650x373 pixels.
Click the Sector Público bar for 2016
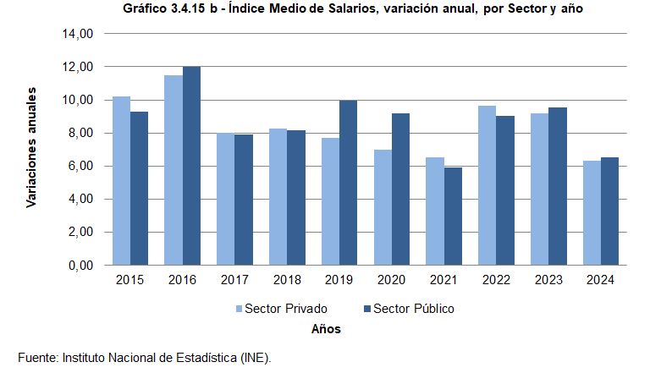(x=192, y=166)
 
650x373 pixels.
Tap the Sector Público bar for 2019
(x=349, y=183)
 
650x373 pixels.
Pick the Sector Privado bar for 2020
(x=383, y=207)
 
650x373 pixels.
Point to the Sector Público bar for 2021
(x=454, y=217)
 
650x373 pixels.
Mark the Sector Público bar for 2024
(x=610, y=211)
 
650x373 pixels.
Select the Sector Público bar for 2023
(x=558, y=186)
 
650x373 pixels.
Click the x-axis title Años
(x=326, y=329)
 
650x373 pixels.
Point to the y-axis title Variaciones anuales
(x=32, y=146)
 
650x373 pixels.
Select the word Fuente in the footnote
(x=36, y=358)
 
